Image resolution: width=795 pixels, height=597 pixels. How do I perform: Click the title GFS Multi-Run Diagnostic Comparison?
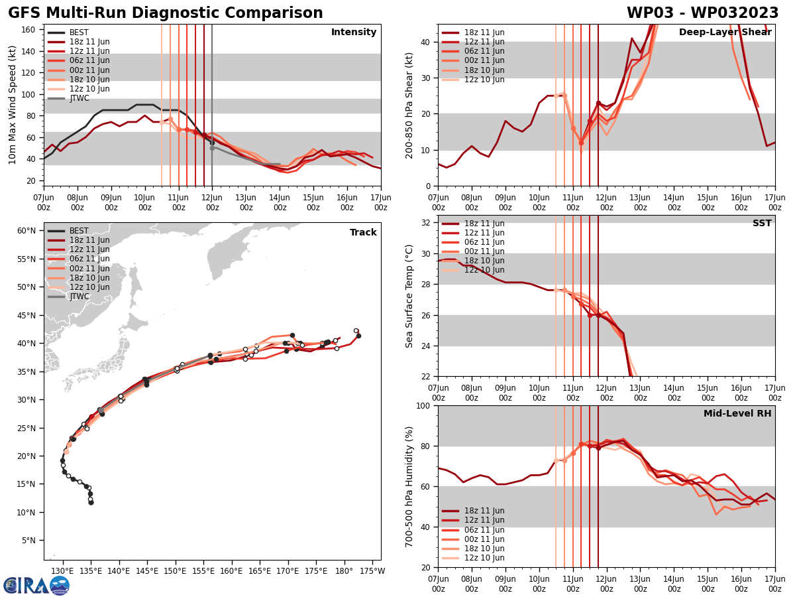pos(166,13)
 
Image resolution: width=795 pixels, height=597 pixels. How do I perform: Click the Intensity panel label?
pos(354,33)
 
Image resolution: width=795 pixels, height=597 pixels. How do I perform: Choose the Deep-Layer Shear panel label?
pos(725,33)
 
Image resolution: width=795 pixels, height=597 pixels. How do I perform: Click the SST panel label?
pos(761,224)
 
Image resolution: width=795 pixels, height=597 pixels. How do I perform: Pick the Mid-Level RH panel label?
pos(737,414)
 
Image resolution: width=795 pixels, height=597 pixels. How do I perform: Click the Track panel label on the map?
pos(363,233)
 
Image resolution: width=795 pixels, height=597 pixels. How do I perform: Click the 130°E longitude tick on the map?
pos(63,571)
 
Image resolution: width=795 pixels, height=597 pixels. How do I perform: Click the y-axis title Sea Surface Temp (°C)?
pos(409,296)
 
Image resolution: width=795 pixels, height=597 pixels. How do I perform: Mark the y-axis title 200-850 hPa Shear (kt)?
pos(409,105)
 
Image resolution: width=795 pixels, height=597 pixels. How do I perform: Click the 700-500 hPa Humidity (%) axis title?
pos(409,486)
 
